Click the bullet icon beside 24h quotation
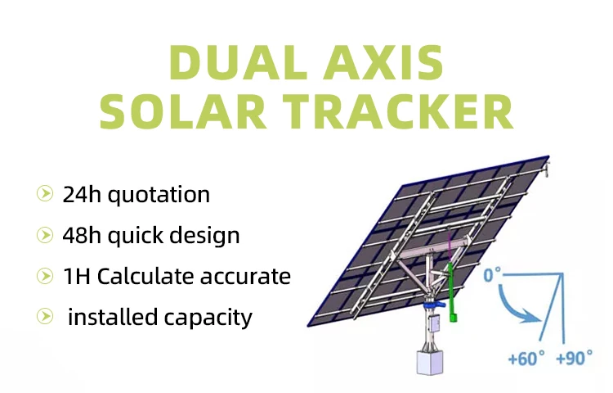point(43,195)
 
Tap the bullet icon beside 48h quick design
point(43,236)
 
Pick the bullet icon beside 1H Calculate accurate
point(43,277)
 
